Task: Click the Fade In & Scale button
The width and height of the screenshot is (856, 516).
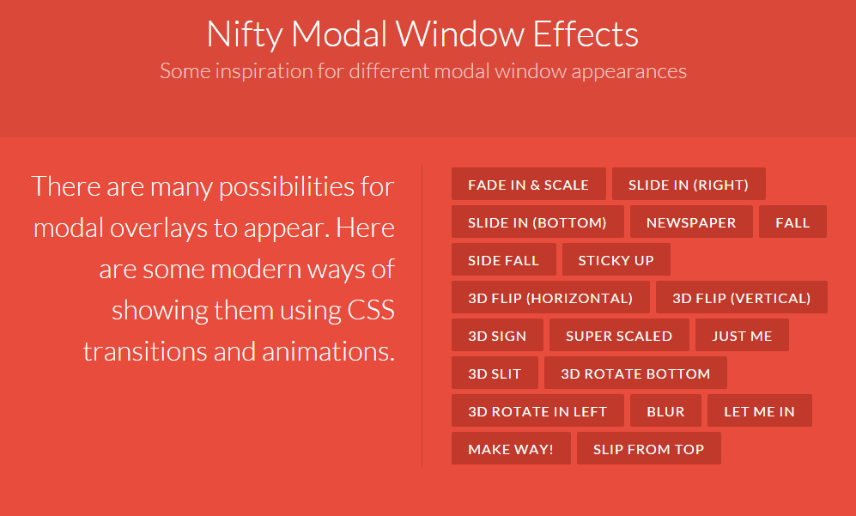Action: (x=528, y=184)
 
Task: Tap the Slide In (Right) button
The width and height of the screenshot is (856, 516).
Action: (x=689, y=184)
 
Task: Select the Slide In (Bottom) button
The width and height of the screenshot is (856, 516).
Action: (x=537, y=222)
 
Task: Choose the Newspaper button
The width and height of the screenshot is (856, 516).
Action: (x=691, y=222)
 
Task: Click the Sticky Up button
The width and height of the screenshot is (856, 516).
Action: (x=616, y=259)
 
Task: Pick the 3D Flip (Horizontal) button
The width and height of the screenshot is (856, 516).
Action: (x=550, y=297)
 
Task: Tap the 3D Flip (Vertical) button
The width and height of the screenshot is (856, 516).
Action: (x=741, y=297)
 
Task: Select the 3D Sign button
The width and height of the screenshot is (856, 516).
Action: (x=497, y=335)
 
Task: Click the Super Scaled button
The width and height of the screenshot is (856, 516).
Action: (x=619, y=335)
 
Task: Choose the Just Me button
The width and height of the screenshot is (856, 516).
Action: (x=742, y=335)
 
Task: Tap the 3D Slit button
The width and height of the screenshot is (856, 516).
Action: (x=495, y=373)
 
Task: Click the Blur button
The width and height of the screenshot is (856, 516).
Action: (x=665, y=410)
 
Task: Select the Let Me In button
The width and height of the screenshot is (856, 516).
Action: (x=759, y=410)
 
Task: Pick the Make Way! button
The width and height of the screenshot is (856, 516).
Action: (x=511, y=448)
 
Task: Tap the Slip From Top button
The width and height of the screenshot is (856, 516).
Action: (x=648, y=448)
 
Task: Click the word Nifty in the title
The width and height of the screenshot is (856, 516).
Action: (x=245, y=35)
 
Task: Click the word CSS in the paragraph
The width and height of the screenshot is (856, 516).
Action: (x=371, y=310)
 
